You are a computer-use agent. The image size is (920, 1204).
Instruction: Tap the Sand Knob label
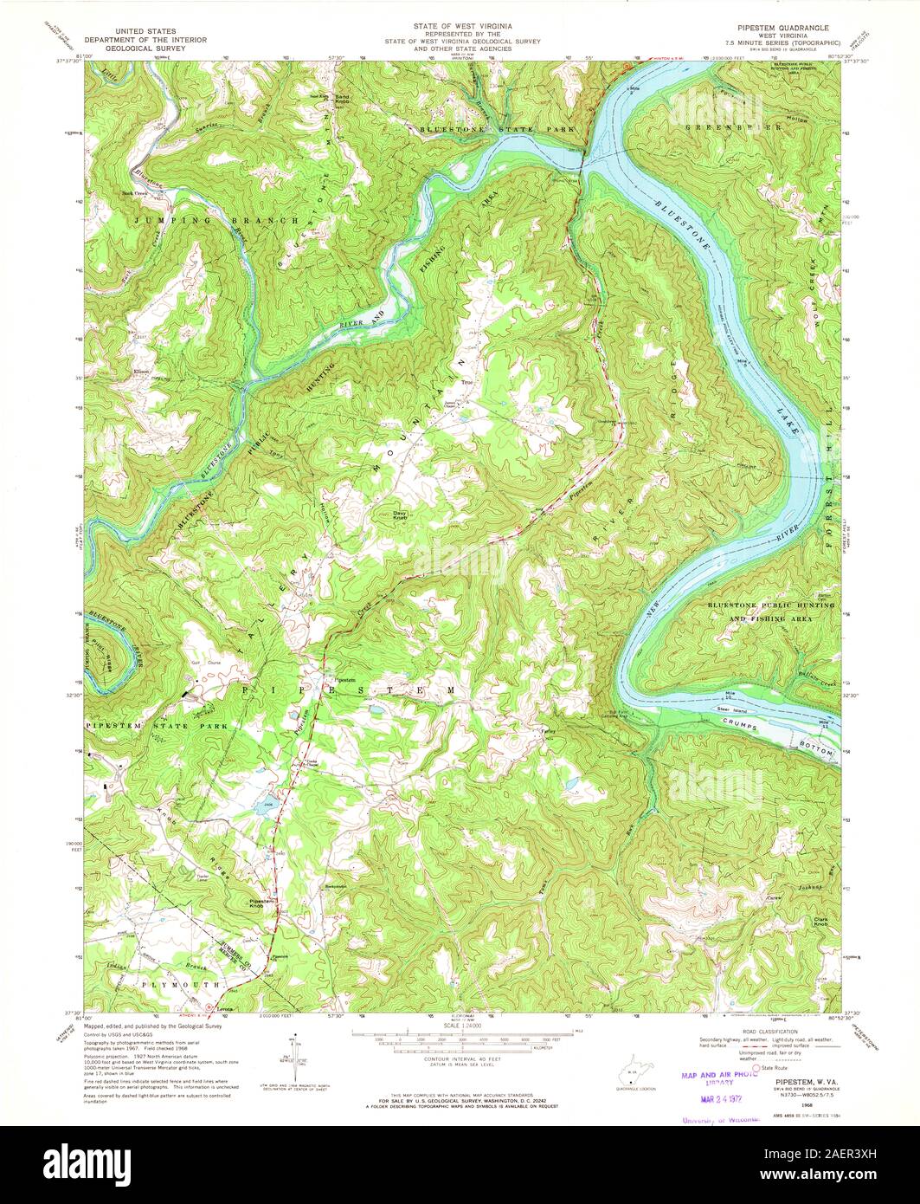click(x=343, y=99)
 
